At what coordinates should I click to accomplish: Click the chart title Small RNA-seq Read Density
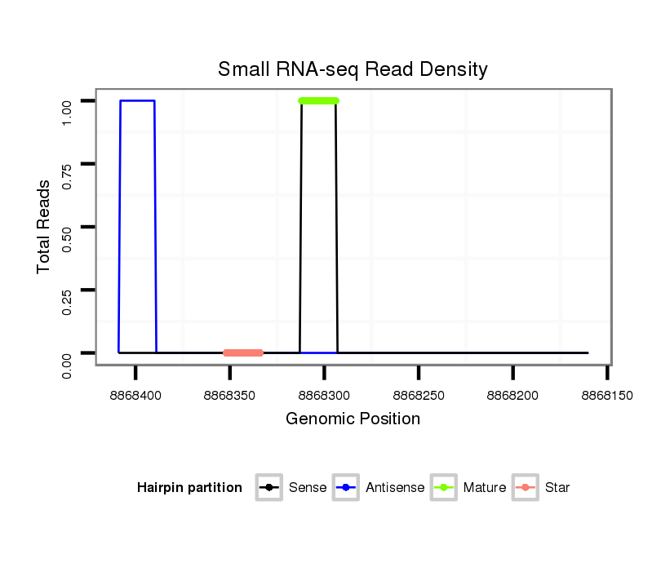coord(353,69)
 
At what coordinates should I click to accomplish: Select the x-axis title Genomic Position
coord(353,419)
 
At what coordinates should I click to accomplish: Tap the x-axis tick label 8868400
coord(136,395)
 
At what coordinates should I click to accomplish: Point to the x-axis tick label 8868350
coord(230,395)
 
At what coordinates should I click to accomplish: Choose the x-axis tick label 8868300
coord(325,395)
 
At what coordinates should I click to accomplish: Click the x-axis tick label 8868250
coord(419,395)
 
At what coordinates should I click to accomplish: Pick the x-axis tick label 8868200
coord(512,395)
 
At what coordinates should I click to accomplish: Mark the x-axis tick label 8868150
coord(607,395)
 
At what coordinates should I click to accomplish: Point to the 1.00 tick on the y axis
coord(68,101)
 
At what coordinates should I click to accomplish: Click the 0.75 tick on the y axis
coord(68,164)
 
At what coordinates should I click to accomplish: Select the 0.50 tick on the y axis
coord(68,227)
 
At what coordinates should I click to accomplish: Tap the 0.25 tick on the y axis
coord(68,290)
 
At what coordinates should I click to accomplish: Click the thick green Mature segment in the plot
coord(318,101)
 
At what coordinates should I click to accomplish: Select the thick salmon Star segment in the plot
coord(243,352)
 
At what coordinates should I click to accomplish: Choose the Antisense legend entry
coord(379,488)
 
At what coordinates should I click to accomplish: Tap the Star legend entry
coord(542,488)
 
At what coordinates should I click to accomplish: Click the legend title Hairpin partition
coord(189,488)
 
